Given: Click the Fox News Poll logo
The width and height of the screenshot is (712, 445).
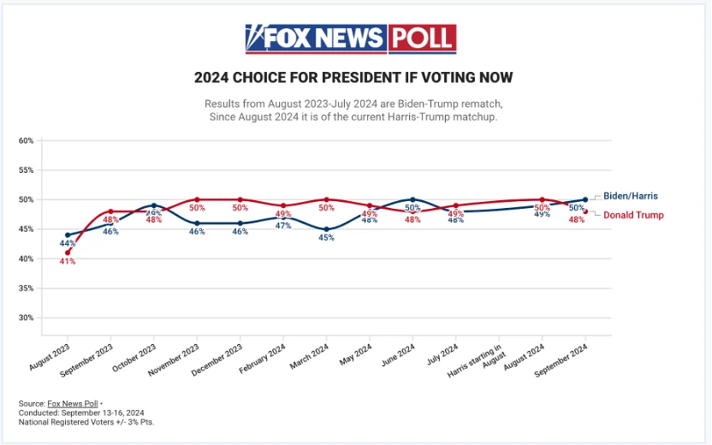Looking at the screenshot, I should point(350,39).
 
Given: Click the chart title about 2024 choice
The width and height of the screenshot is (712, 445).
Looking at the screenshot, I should point(353,78).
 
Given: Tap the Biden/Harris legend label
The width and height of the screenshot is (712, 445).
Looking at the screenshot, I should point(630,196).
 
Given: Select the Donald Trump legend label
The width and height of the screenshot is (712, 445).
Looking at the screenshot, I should point(633,215).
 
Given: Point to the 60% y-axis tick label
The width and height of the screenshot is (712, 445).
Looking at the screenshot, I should point(26,140).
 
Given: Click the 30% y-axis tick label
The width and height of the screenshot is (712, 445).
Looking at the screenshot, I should point(26,317).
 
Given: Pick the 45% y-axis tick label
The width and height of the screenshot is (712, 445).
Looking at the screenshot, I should point(26,229).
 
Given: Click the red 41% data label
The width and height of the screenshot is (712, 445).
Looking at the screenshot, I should point(68,261).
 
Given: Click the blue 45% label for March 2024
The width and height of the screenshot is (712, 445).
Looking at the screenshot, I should point(326,238).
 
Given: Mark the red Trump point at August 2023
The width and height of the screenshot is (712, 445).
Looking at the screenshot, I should point(68,252).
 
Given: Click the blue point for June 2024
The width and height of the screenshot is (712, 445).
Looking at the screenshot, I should point(412,199).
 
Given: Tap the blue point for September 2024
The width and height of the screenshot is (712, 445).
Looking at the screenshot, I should point(585,199).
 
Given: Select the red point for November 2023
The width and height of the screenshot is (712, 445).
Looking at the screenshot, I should point(197,199).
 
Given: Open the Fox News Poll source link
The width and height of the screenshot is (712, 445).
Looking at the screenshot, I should point(71,403).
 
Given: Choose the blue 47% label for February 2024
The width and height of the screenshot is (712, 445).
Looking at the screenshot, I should point(283,226).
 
